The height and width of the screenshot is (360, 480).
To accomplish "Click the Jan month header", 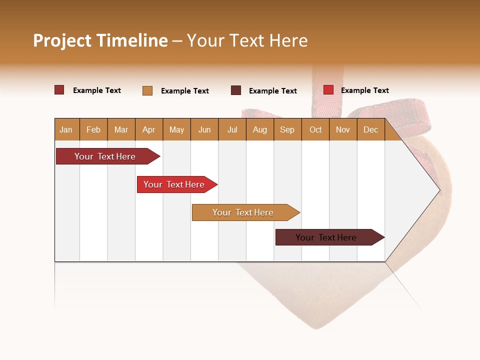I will point(66,129).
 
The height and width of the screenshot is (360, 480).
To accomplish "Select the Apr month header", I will point(148,129).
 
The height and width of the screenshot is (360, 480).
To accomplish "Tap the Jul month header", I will point(232,129).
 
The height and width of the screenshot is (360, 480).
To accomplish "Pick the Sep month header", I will point(287,129).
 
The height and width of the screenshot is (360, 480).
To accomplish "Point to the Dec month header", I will point(370,129).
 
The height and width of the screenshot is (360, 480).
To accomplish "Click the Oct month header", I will point(315,129).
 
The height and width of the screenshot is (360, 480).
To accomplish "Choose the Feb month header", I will point(93,129).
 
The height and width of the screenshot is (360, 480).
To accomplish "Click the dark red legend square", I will point(59,90).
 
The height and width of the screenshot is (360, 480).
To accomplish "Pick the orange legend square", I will point(147,90).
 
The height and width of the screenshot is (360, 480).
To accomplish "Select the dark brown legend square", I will point(236,90).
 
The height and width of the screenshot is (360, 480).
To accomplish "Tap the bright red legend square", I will point(328,90).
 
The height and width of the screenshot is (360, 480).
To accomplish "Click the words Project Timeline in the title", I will point(100,40).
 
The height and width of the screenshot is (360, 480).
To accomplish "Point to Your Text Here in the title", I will point(247,40).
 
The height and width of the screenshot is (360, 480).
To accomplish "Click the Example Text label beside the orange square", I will point(184,91).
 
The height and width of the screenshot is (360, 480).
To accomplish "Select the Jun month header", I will point(204,129).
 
